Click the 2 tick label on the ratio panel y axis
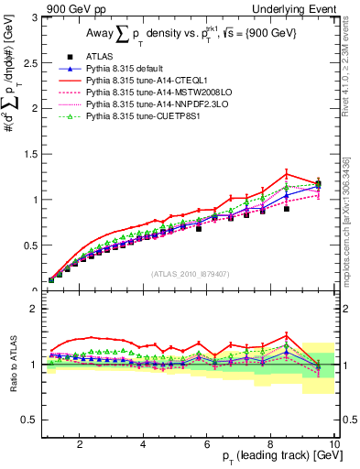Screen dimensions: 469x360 pyautogui.click(x=37, y=309)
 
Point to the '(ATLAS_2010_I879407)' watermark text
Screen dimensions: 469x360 pyautogui.click(x=190, y=274)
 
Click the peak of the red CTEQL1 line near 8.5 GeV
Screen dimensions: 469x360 pyautogui.click(x=287, y=173)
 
